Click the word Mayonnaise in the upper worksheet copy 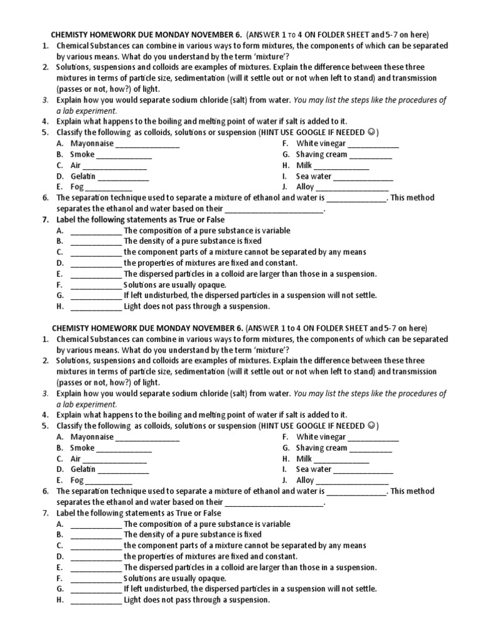pos(92,144)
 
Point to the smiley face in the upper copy pos(372,132)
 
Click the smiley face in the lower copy pos(372,426)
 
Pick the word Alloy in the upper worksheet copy pos(305,187)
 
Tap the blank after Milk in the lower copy pos(341,459)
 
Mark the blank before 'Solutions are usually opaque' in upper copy pos(96,285)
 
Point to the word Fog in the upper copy pos(76,187)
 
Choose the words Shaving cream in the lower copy pos(321,448)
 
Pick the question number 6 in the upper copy pos(46,198)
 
